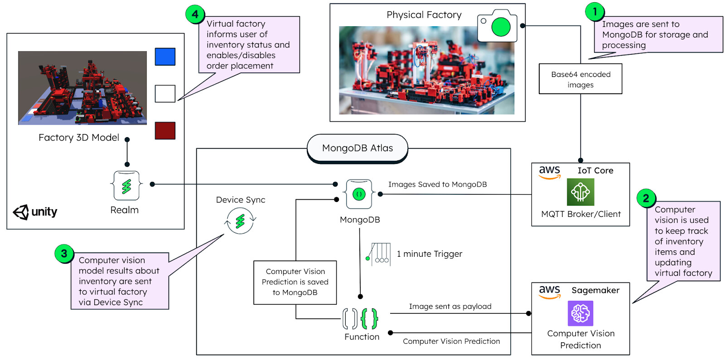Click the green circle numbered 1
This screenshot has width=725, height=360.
[595, 12]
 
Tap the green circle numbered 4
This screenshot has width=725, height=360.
[195, 14]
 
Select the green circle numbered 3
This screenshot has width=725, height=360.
[64, 254]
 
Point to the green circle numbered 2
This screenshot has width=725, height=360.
[646, 198]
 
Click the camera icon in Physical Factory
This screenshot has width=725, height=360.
[497, 26]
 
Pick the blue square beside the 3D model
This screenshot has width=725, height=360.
[165, 57]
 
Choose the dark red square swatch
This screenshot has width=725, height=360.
[165, 130]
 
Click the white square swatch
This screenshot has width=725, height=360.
[165, 94]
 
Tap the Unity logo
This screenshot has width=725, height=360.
[35, 212]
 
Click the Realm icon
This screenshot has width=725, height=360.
[126, 185]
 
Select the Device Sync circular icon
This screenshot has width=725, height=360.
[240, 221]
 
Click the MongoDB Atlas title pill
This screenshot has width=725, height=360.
[358, 148]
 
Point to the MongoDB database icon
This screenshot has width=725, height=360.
[359, 194]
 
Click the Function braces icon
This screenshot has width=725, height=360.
[360, 318]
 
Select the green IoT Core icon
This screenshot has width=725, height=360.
[580, 192]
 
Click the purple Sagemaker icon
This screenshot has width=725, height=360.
[580, 313]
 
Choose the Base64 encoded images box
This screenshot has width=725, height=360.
[580, 79]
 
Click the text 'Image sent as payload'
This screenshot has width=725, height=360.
[450, 307]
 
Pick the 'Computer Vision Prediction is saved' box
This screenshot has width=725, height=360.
[295, 282]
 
